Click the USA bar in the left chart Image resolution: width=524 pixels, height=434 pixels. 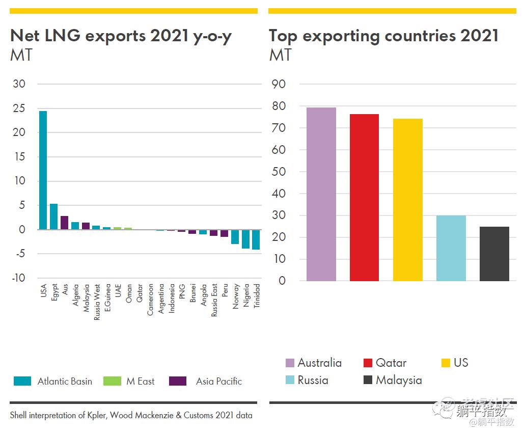pos(43,170)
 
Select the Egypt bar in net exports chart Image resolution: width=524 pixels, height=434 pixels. pos(53,216)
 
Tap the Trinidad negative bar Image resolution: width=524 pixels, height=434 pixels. pos(256,239)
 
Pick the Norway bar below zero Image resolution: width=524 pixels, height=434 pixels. pos(235,237)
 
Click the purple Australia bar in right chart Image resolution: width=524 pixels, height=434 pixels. pos(321,194)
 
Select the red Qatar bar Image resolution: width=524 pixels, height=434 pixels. pos(364,198)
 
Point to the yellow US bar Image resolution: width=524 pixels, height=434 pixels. pos(407,200)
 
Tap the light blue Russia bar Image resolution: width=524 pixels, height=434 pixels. pos(451,248)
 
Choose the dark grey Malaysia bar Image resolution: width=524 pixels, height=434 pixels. pos(494,254)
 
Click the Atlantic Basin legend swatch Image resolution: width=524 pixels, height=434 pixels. pos(22,381)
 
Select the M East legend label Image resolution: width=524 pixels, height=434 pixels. pos(140,381)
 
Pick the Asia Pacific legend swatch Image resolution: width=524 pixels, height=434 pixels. pos(178,381)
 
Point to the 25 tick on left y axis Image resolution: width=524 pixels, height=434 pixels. pos(19,108)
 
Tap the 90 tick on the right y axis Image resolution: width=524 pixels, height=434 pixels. pos(279,84)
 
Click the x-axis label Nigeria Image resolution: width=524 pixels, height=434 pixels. pos(246,295)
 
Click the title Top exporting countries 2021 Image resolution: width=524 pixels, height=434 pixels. pos(383,36)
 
